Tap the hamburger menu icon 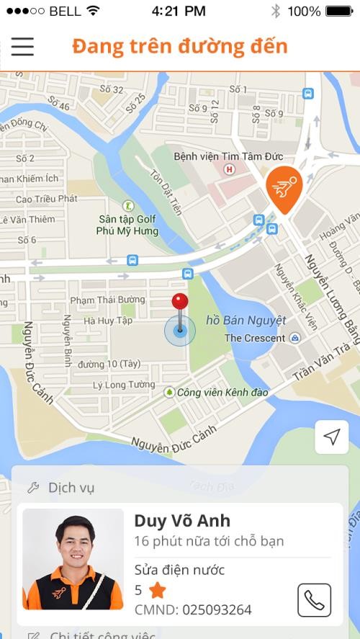click(22, 46)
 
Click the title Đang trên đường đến click(180, 46)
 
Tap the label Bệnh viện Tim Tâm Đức click(228, 156)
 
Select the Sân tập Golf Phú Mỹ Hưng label click(127, 225)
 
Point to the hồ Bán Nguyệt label click(246, 320)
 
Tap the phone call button click(314, 599)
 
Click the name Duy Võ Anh click(182, 520)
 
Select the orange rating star click(157, 591)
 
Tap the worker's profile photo click(73, 559)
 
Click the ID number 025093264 click(217, 610)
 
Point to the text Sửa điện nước click(179, 570)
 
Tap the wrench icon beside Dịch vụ click(33, 488)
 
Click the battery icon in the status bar click(339, 11)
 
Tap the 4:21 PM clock click(179, 11)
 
